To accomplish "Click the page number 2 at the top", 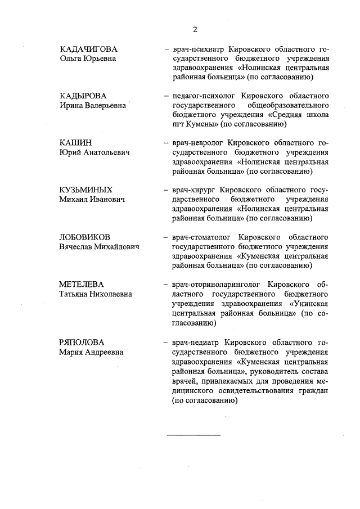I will [195, 30].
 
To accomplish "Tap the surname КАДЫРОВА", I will [83, 96].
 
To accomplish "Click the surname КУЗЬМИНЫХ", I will [85, 190].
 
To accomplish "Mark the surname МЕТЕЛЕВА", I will [82, 284].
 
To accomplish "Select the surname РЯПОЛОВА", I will [82, 342].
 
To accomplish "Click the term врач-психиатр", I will [197, 49].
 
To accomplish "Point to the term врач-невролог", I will [196, 142].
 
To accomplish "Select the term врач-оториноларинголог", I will [217, 284].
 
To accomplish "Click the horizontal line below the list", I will [194, 435].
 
